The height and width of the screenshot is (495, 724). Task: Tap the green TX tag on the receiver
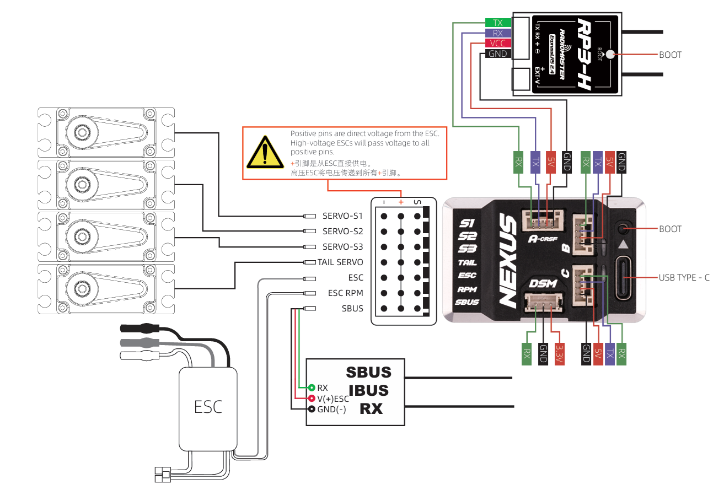[x=498, y=23]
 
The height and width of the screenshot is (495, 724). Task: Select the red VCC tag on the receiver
[x=498, y=44]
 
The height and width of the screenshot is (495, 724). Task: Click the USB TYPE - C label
[x=684, y=277]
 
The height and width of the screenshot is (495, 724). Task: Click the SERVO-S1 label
[x=342, y=216]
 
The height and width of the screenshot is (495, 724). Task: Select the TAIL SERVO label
[x=340, y=262]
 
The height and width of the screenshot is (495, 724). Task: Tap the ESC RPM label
[x=345, y=293]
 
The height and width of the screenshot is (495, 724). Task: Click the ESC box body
[x=208, y=407]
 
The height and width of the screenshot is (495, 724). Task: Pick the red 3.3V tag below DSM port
[x=559, y=353]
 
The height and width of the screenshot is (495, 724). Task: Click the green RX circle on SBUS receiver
[x=312, y=388]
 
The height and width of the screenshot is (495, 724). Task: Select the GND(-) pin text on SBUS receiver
[x=331, y=409]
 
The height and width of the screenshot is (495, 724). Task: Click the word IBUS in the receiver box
[x=368, y=390]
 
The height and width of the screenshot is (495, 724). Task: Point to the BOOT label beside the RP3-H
[x=670, y=55]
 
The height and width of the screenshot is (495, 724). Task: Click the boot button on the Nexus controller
[x=624, y=229]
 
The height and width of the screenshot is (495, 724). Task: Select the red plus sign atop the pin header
[x=401, y=202]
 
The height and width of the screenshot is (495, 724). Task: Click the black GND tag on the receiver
[x=498, y=54]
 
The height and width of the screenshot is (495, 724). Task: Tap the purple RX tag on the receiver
[x=498, y=33]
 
